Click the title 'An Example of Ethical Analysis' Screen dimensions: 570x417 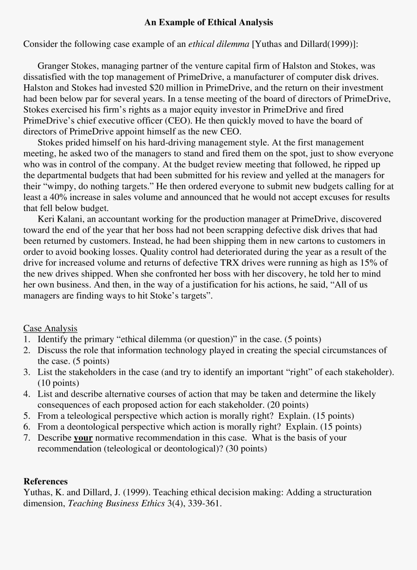tap(208, 22)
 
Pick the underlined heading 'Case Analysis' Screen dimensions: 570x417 tap(51, 328)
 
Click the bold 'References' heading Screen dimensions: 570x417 tap(45, 481)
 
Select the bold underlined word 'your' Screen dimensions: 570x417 tap(83, 438)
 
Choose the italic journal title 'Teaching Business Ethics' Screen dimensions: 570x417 tap(116, 504)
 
